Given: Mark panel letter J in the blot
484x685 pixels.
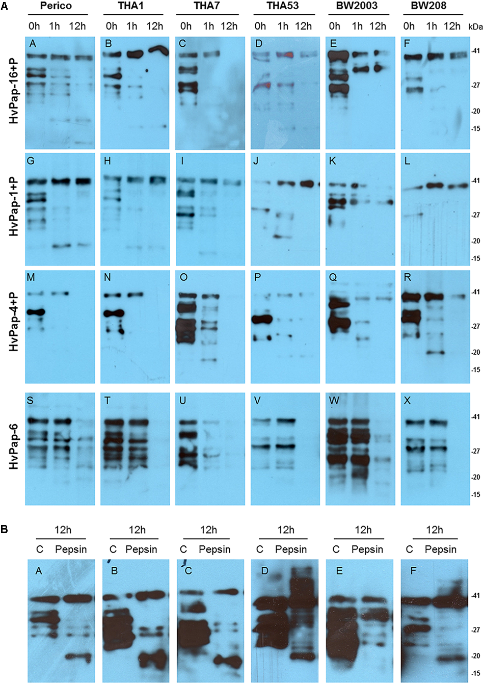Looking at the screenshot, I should click(x=257, y=162).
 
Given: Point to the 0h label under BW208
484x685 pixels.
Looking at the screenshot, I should click(x=409, y=27).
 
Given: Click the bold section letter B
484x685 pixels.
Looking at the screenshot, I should click(x=5, y=530).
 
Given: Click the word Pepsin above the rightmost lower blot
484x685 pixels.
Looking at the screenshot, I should click(x=440, y=549).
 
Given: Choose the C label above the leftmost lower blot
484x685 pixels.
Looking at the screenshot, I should click(x=39, y=549).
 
